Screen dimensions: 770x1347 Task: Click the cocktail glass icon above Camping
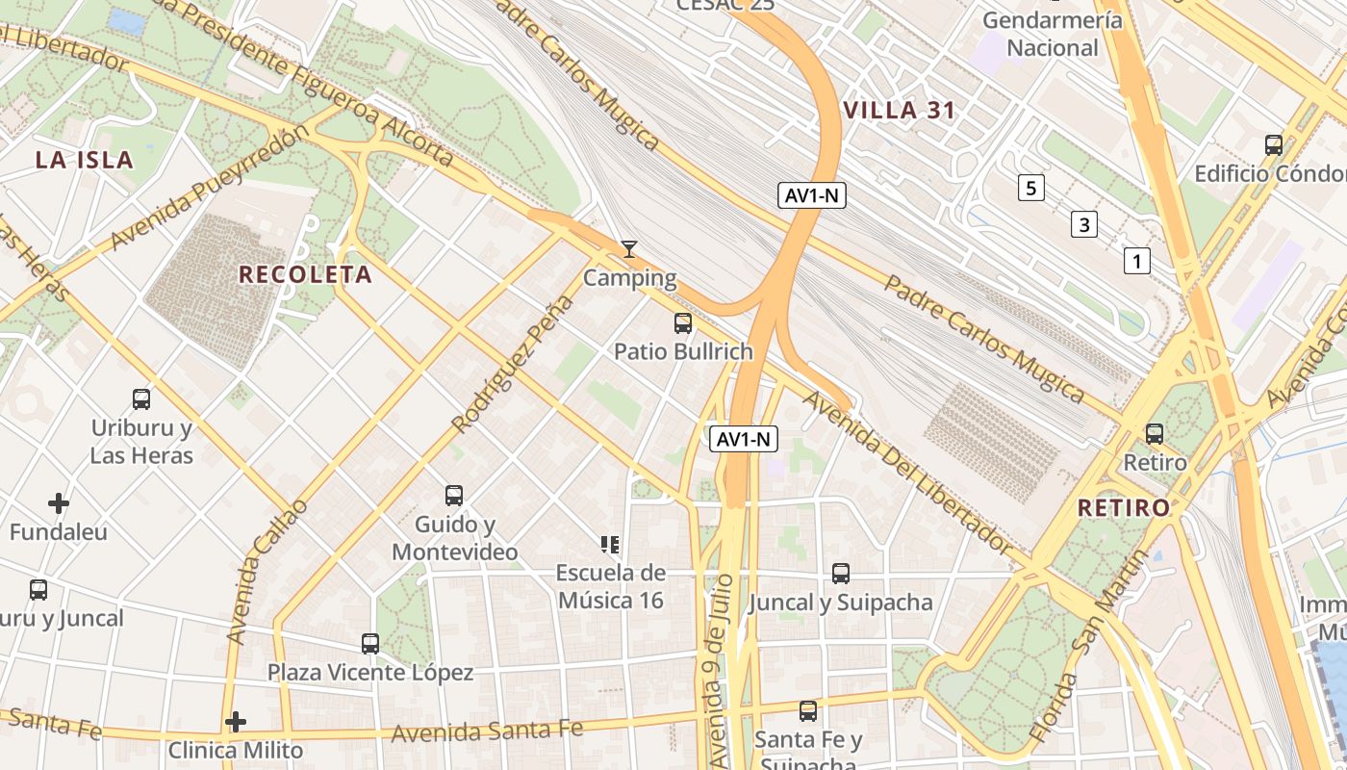628,249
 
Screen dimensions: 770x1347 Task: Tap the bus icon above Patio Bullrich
683,323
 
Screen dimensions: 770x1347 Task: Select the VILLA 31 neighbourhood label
899,111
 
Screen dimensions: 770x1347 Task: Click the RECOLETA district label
305,274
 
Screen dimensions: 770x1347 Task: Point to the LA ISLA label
85,160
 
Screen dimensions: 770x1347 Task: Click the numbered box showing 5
1030,188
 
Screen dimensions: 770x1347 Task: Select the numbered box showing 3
1084,225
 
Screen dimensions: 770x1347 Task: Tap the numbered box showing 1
1137,261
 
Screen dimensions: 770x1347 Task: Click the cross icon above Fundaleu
59,502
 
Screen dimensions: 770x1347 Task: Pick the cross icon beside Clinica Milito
236,721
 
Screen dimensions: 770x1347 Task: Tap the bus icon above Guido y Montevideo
454,496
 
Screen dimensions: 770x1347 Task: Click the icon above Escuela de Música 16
609,545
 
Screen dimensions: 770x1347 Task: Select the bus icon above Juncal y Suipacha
841,574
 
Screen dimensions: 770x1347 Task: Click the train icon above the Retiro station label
1155,434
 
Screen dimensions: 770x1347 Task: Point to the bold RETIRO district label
1123,507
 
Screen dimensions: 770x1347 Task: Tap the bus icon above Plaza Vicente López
370,643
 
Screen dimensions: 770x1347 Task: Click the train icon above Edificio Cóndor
1274,145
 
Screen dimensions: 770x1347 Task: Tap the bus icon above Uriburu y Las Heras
141,398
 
